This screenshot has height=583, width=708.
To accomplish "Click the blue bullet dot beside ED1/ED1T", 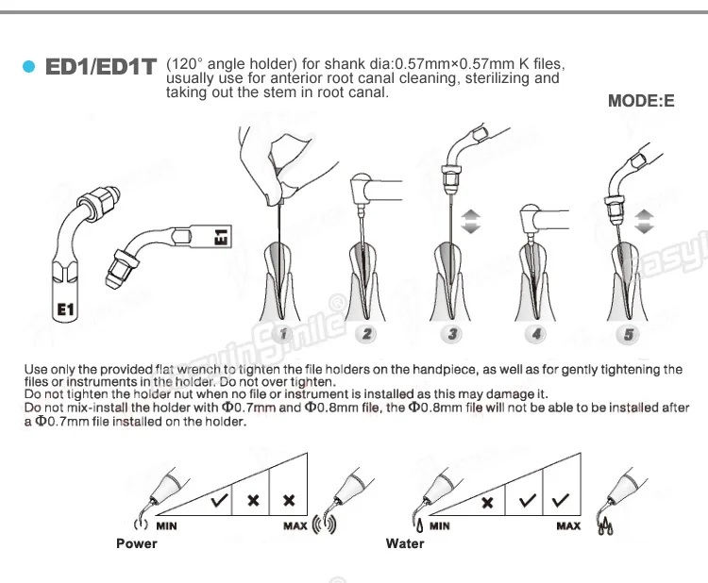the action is tap(28, 67).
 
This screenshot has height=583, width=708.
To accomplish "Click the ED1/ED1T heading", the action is tap(101, 67).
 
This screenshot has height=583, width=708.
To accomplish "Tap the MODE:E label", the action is tap(641, 101).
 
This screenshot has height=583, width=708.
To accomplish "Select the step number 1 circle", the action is tap(283, 334).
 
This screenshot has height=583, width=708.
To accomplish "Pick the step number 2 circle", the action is tap(366, 334).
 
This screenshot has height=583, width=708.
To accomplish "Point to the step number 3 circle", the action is tap(452, 334).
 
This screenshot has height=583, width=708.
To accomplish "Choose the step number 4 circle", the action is tap(536, 334).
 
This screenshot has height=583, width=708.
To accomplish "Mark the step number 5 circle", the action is tap(629, 335).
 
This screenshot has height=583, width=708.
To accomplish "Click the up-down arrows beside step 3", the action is tap(470, 222).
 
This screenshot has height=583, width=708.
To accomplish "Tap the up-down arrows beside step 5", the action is tap(644, 222).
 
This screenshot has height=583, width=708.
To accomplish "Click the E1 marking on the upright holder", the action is tap(65, 309).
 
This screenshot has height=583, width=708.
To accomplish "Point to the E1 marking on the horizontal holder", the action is tap(221, 237).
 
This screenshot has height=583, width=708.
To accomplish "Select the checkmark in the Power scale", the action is tap(219, 500).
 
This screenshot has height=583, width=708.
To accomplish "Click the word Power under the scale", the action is tap(136, 543).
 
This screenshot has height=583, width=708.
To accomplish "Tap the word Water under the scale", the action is tap(405, 543).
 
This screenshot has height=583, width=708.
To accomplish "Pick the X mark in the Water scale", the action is tap(487, 503).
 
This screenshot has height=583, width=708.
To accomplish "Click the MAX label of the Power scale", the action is tap(295, 526).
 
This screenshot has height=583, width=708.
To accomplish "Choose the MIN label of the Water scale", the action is tap(439, 526).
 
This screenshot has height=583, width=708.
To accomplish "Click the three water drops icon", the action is tap(605, 526).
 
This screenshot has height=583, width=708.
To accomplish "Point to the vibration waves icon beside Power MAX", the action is tap(325, 524).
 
